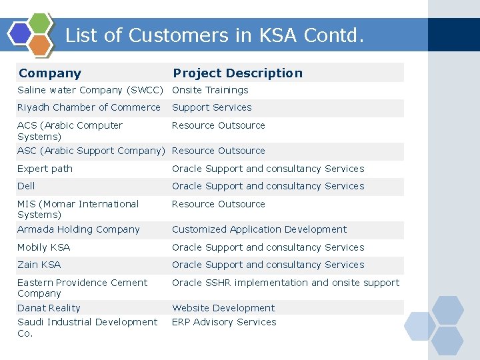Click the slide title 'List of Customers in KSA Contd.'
tap(215, 35)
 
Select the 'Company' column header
tap(50, 73)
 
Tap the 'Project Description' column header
tap(237, 73)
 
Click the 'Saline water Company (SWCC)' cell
tap(90, 90)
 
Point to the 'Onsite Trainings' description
tap(210, 90)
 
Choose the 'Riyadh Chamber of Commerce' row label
tap(89, 107)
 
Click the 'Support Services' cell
tap(211, 107)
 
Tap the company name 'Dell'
tap(26, 186)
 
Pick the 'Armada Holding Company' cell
tap(78, 229)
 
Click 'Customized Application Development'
tap(259, 229)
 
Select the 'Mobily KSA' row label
tap(43, 247)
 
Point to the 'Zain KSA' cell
tap(39, 265)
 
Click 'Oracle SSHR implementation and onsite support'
tap(285, 283)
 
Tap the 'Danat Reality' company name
tap(49, 308)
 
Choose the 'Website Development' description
tap(223, 308)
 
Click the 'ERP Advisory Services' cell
tap(224, 322)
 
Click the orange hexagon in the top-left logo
tap(40, 45)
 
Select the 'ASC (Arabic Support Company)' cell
tap(90, 151)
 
